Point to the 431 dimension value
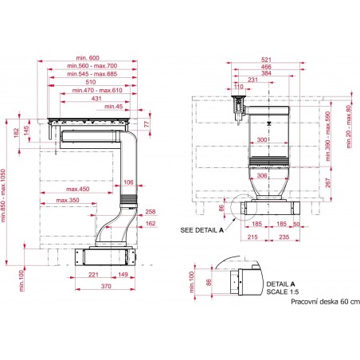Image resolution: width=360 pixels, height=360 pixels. pyautogui.click(x=96, y=98)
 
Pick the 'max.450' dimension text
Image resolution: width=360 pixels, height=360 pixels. pyautogui.click(x=77, y=190)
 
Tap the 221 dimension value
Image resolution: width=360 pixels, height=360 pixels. pyautogui.click(x=94, y=275)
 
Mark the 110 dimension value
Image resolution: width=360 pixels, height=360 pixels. pyautogui.click(x=237, y=86)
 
